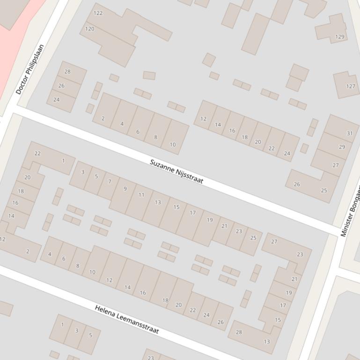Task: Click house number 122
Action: click(x=98, y=13)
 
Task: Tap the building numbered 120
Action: click(x=90, y=29)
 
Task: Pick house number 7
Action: click(x=110, y=181)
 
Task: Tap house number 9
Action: click(x=125, y=189)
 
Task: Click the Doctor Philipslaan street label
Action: click(x=29, y=69)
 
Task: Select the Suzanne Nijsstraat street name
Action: click(x=176, y=171)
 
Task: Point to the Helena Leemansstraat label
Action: click(x=127, y=319)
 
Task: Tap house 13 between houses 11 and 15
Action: click(x=158, y=202)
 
